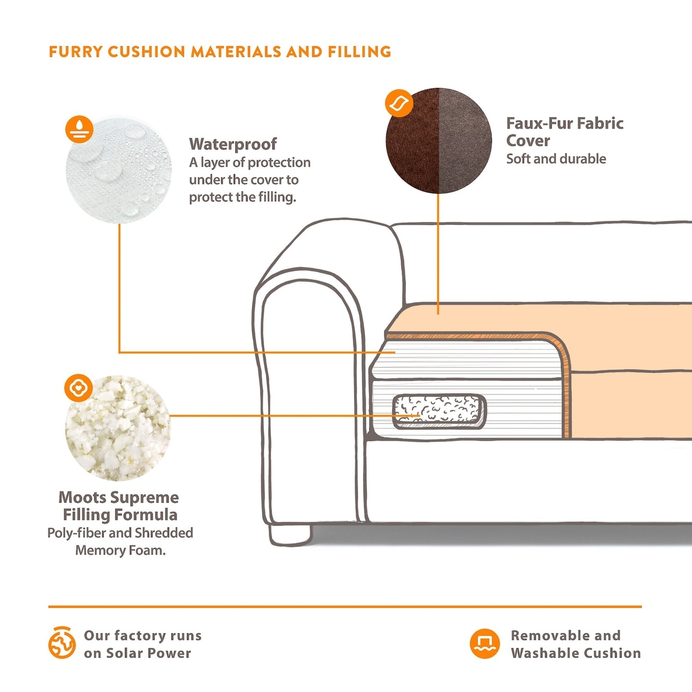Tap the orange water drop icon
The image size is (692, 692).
[80, 129]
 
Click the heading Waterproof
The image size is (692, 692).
[233, 144]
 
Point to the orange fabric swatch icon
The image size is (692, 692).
[398, 104]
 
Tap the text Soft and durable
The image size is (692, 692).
[556, 159]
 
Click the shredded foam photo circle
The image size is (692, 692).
[119, 430]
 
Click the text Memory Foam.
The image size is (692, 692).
[120, 550]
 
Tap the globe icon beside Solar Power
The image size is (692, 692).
[62, 643]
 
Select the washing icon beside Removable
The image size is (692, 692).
[484, 643]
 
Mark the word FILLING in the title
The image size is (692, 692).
[359, 52]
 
